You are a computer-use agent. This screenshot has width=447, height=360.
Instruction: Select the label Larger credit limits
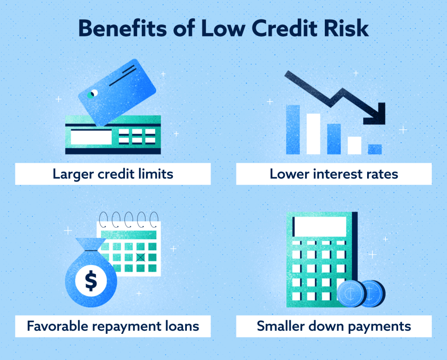(x=113, y=174)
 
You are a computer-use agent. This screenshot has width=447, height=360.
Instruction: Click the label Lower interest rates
(x=334, y=174)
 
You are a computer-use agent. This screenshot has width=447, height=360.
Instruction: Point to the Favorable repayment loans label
(x=113, y=326)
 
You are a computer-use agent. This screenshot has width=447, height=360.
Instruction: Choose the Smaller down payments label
(x=334, y=326)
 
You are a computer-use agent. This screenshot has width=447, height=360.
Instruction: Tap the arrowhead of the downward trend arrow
(x=378, y=114)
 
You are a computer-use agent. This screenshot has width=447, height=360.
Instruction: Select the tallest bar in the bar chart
(x=292, y=129)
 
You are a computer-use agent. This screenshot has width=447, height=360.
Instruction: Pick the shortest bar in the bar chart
(x=375, y=149)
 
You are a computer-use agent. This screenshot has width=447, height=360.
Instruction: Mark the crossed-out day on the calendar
(x=140, y=257)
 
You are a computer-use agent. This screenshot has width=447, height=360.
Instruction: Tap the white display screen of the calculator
(x=320, y=226)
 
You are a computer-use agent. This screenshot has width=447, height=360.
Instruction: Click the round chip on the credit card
(x=92, y=94)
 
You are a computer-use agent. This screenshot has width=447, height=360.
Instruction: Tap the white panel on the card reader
(x=91, y=137)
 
